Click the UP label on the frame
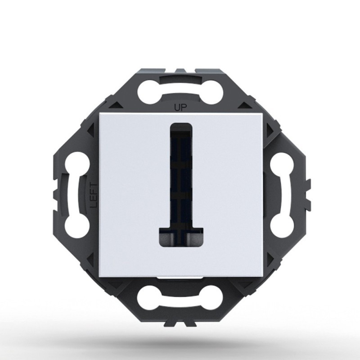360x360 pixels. click(180, 107)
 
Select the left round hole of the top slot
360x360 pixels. click(149, 94)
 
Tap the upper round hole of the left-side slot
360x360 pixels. click(77, 163)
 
